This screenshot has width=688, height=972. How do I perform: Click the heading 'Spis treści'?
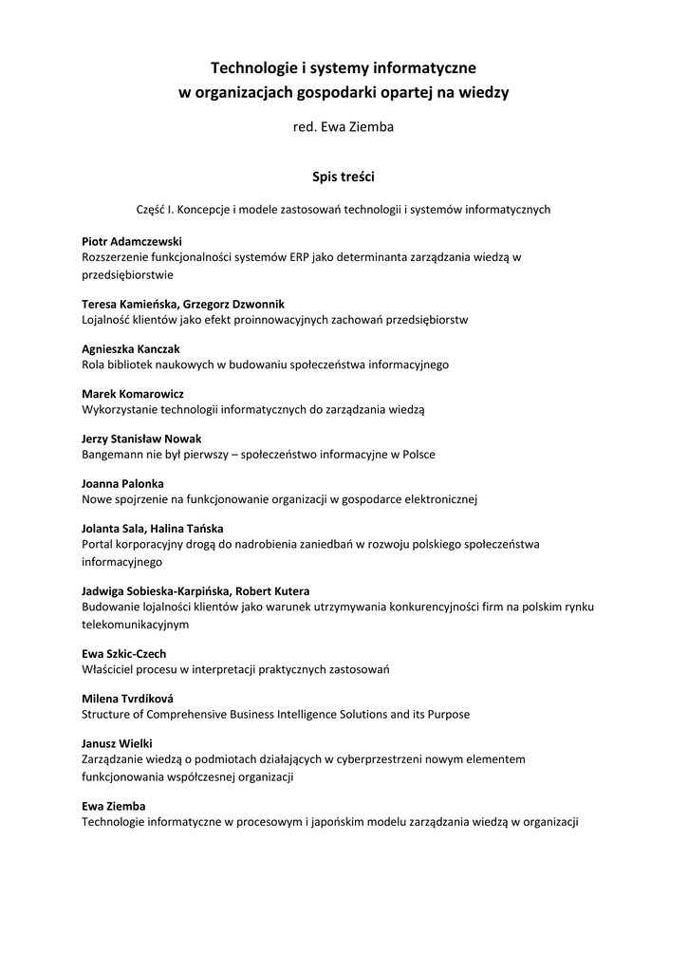tap(344, 176)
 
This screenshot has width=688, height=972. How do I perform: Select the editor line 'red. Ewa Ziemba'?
tap(344, 127)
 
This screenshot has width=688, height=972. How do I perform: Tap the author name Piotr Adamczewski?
tap(132, 241)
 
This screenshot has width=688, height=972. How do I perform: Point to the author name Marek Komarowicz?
tap(133, 393)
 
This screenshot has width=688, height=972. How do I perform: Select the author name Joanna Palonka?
tap(122, 483)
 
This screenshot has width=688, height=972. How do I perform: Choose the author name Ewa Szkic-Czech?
tap(124, 653)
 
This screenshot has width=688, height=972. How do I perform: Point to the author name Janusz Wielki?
tap(117, 743)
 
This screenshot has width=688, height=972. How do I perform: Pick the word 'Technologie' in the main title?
tap(251, 67)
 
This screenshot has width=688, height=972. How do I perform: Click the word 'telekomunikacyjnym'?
tap(136, 625)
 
